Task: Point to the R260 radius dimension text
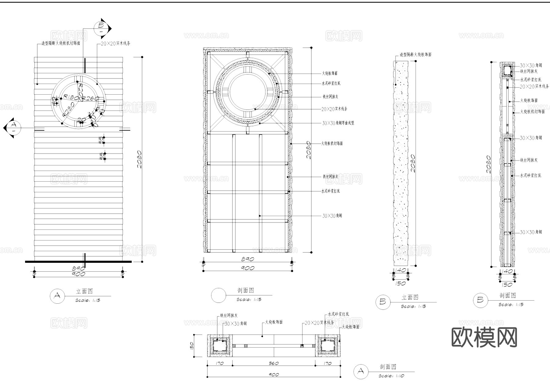pyautogui.click(x=91, y=98)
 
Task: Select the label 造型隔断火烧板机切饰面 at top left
pyautogui.click(x=61, y=43)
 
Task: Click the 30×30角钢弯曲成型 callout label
pyautogui.click(x=338, y=123)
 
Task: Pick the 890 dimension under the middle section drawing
pyautogui.click(x=248, y=259)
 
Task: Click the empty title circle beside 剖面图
pyautogui.click(x=218, y=295)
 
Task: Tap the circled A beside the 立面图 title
pyautogui.click(x=57, y=296)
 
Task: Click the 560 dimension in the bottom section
pyautogui.click(x=273, y=363)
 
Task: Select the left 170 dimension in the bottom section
pyautogui.click(x=219, y=363)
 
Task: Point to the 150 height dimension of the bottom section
pyautogui.click(x=192, y=345)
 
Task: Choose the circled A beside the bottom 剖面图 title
pyautogui.click(x=361, y=371)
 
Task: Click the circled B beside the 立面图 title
pyautogui.click(x=383, y=302)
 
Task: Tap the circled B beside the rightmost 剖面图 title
pyautogui.click(x=480, y=300)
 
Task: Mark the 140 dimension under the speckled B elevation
pyautogui.click(x=400, y=270)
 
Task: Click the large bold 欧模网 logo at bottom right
pyautogui.click(x=484, y=338)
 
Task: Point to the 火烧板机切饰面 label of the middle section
pyautogui.click(x=332, y=143)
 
